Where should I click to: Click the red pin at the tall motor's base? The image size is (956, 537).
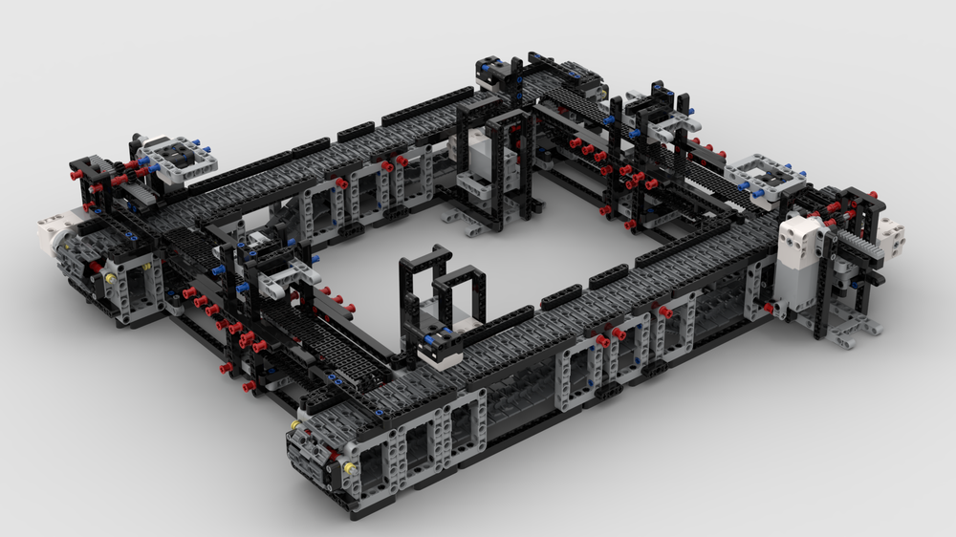point(769,307)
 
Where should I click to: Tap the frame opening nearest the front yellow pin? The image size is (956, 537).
point(372,459)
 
